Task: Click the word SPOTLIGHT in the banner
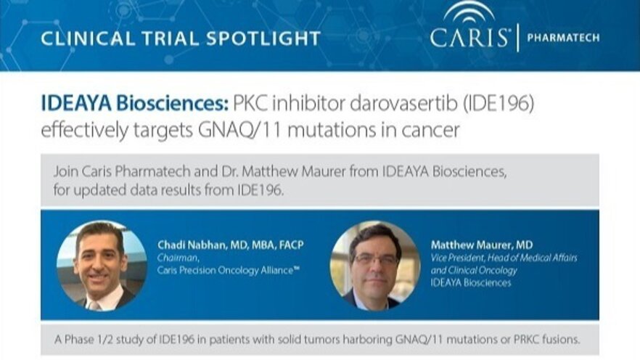point(263,38)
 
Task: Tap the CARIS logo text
point(470,38)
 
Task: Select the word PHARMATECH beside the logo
point(563,38)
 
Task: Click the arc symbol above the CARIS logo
point(469,12)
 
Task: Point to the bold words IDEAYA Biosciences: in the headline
point(135,104)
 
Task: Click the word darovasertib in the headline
point(403,104)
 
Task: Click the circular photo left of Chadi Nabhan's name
point(102,266)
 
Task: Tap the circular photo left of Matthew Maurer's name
point(375,266)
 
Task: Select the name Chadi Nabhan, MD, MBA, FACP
point(231,245)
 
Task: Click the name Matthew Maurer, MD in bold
point(482,245)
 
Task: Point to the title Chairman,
point(179,258)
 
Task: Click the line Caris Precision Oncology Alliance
point(229,270)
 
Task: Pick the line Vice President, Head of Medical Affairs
point(504,258)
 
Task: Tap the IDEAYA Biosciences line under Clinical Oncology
point(471,283)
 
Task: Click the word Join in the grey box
point(66,172)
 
